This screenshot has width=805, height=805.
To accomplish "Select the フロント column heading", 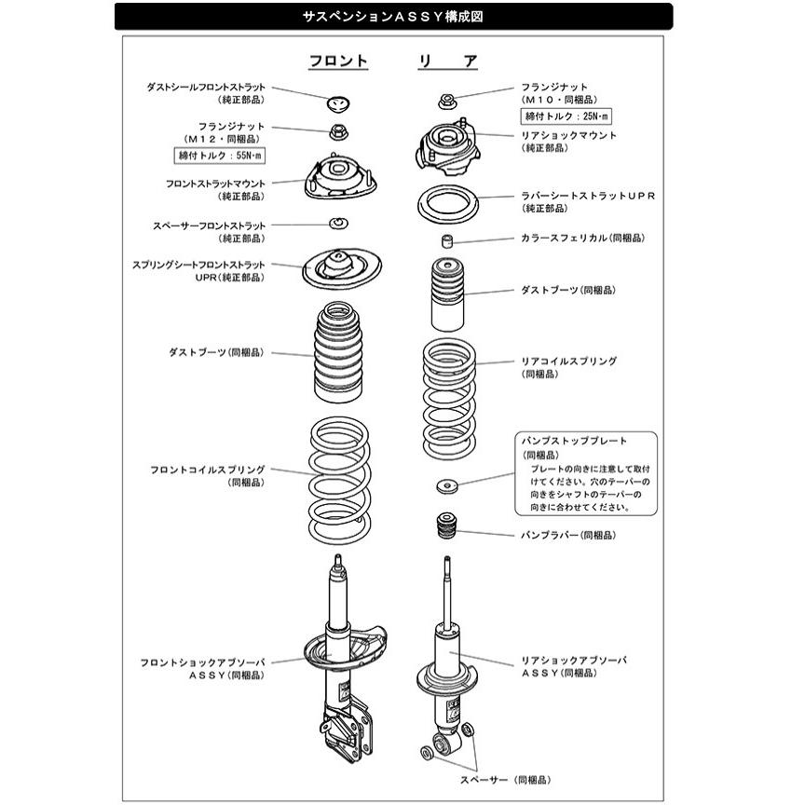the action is (338, 61).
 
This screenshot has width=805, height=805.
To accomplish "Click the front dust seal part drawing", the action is (339, 101).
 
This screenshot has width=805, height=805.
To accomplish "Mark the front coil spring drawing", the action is (339, 474).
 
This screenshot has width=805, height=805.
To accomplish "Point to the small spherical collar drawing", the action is (448, 241).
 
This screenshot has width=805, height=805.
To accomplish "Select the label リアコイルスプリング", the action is (568, 361).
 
